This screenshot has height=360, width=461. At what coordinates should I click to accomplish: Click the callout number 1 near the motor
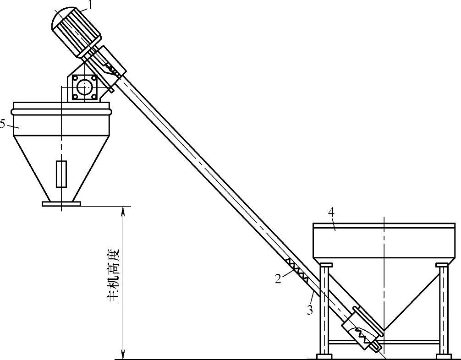coord(90,5)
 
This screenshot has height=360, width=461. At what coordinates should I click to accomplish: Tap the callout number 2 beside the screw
coord(278,278)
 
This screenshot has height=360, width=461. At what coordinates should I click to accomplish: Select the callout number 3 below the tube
coord(310,310)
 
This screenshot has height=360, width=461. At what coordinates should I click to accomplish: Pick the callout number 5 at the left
coord(2,124)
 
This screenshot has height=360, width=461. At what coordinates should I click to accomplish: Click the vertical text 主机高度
coord(114,276)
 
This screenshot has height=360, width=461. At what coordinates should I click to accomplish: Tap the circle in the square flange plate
coord(85,87)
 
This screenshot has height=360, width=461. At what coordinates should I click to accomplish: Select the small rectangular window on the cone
coord(61,174)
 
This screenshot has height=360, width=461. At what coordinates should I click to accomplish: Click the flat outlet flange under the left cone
coord(61,204)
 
